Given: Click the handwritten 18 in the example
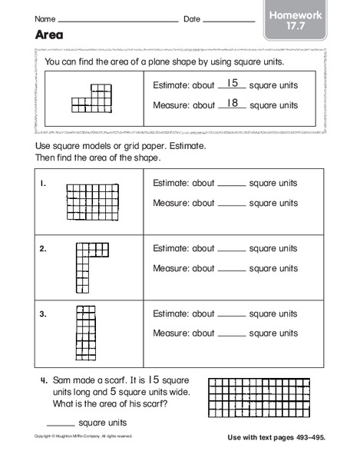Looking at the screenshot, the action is pos(233,102).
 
